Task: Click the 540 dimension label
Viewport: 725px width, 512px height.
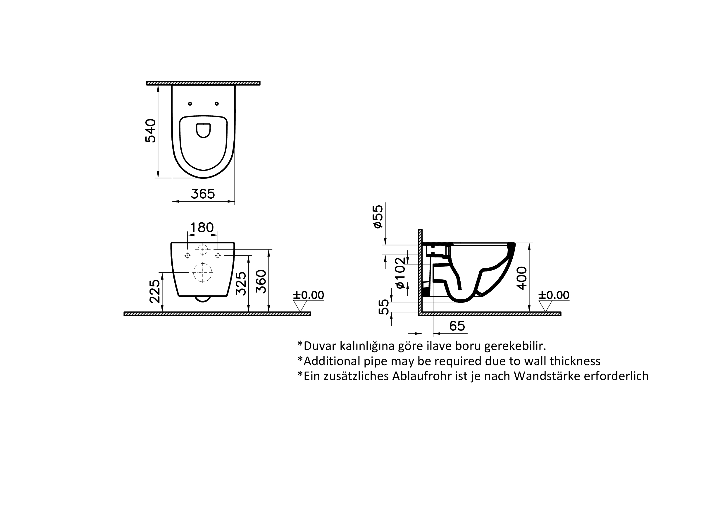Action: [x=151, y=131]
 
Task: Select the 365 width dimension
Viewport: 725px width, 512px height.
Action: [x=203, y=194]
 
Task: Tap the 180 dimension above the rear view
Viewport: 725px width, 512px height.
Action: [x=202, y=227]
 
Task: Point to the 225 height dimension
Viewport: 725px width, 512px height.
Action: [x=155, y=291]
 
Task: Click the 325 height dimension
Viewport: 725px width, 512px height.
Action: [x=241, y=283]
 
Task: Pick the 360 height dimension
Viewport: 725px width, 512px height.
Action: [x=261, y=281]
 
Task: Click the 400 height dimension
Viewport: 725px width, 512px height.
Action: [x=522, y=278]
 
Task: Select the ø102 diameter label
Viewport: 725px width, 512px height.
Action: [x=400, y=273]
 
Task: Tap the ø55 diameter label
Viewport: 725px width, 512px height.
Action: [x=378, y=217]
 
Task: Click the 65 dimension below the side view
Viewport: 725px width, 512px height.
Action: [x=457, y=326]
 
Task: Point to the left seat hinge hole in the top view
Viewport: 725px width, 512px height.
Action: [x=190, y=104]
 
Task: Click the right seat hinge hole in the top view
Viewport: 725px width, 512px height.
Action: [x=217, y=104]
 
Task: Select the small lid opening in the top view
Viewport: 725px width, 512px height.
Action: [x=203, y=130]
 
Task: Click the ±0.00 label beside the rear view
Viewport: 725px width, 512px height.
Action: [x=309, y=295]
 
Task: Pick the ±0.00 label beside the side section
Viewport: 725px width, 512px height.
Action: [x=554, y=295]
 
